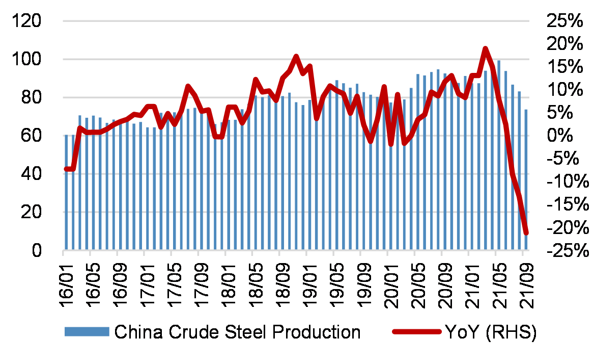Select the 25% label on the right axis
click(x=563, y=21)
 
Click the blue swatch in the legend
click(x=87, y=332)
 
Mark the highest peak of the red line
click(x=485, y=49)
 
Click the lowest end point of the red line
click(x=526, y=233)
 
